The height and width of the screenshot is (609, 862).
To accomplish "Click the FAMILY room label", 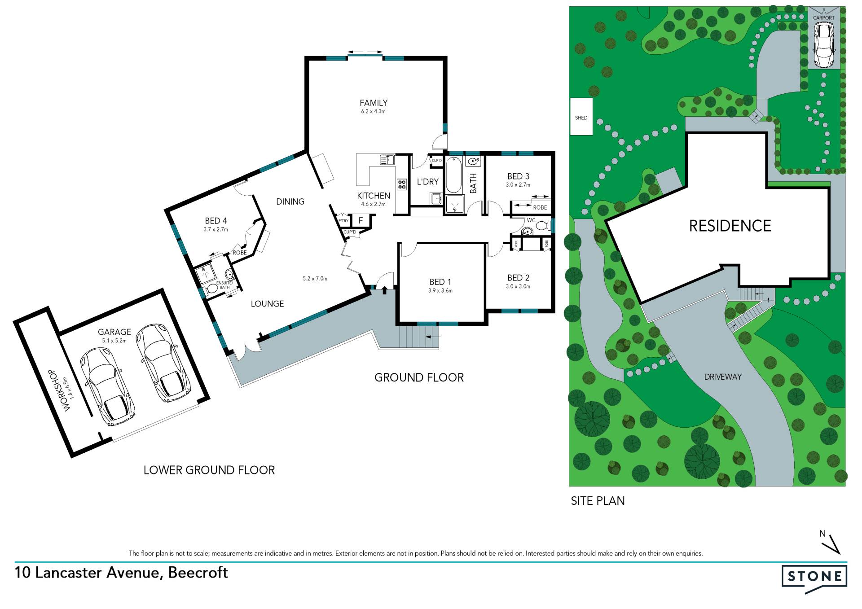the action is pyautogui.click(x=374, y=103).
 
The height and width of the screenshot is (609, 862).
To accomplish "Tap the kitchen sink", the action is pyautogui.click(x=387, y=159).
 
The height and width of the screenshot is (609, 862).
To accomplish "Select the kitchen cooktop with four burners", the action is pyautogui.click(x=401, y=184).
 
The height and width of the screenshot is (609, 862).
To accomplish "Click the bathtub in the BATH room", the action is pyautogui.click(x=454, y=175).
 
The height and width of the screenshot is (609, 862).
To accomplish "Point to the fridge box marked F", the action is pyautogui.click(x=361, y=220).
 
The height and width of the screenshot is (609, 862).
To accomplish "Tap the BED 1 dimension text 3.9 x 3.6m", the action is pyautogui.click(x=440, y=290).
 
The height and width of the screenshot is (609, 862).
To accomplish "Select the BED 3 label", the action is pyautogui.click(x=518, y=176).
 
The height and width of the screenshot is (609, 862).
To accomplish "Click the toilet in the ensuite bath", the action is pyautogui.click(x=211, y=290).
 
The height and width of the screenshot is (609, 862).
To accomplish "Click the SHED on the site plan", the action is pyautogui.click(x=581, y=117).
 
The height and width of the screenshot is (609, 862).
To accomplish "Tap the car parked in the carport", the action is pyautogui.click(x=823, y=44).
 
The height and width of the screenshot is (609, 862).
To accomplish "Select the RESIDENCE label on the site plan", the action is pyautogui.click(x=730, y=226).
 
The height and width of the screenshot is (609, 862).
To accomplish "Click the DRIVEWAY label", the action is pyautogui.click(x=723, y=377).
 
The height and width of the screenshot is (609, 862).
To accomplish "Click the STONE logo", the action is pyautogui.click(x=814, y=578).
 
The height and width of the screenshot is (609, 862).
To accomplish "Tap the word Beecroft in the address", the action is pyautogui.click(x=198, y=573).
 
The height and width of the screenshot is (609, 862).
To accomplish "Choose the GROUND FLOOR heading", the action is pyautogui.click(x=419, y=377).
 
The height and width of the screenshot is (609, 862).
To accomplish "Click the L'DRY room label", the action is pyautogui.click(x=427, y=182).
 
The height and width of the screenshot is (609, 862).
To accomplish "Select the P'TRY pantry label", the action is pyautogui.click(x=343, y=221).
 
